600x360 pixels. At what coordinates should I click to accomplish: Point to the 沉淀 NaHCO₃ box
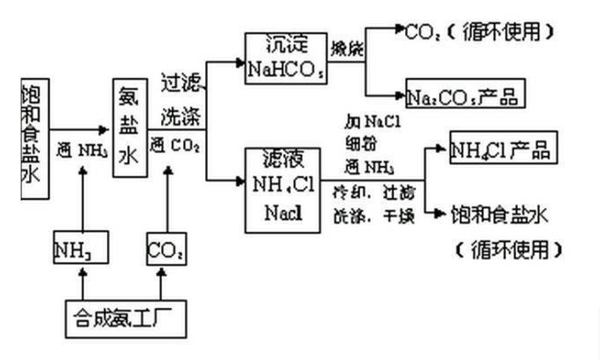(284, 57)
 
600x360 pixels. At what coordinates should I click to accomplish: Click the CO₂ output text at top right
(422, 33)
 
